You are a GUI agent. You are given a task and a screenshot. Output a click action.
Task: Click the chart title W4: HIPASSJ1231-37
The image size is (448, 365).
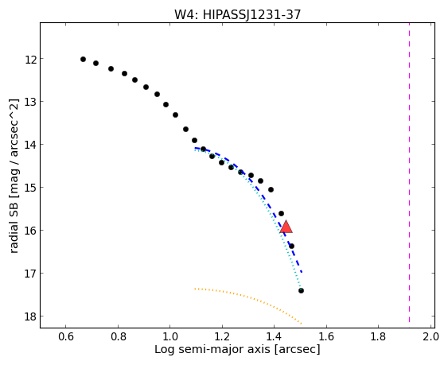[237, 14]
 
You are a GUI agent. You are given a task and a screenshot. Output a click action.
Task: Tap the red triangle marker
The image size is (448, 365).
[286, 227]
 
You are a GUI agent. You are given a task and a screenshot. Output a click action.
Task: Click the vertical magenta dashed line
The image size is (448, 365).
[409, 173]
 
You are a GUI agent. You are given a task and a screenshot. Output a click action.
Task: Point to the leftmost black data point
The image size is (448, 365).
[83, 59]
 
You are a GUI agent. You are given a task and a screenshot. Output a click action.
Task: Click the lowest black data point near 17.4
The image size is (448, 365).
[301, 291]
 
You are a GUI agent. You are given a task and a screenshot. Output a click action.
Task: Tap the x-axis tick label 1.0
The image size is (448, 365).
[170, 336]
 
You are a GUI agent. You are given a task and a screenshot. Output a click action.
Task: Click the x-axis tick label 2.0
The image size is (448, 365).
[430, 336]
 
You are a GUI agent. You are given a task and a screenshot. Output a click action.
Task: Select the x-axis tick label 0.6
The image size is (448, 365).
[66, 336]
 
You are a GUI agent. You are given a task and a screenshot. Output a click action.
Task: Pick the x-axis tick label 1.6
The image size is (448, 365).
[326, 336]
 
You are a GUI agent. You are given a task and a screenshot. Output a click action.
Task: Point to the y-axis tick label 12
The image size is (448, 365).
[29, 60]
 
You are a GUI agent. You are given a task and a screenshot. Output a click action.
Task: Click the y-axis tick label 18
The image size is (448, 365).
[29, 317]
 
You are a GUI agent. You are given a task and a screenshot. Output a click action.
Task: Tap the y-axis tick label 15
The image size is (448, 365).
[29, 188]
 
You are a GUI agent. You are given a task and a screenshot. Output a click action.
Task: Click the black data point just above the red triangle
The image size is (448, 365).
[281, 213]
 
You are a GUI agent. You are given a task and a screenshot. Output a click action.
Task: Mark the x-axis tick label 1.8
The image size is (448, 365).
[378, 336]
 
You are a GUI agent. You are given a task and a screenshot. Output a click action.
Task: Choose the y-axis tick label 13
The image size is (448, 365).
[29, 103]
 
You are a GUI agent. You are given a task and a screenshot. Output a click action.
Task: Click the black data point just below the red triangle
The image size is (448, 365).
[291, 246]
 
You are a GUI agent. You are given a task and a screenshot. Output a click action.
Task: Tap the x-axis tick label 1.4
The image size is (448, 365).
[275, 336]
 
